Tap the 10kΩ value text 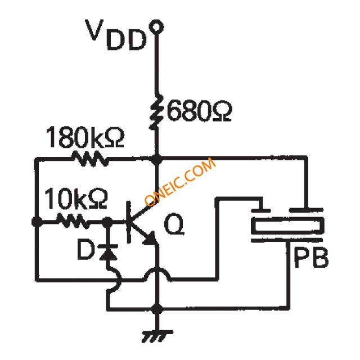coord(74,199)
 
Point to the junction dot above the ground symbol coord(158,309)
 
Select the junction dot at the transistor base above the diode coord(106,222)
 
